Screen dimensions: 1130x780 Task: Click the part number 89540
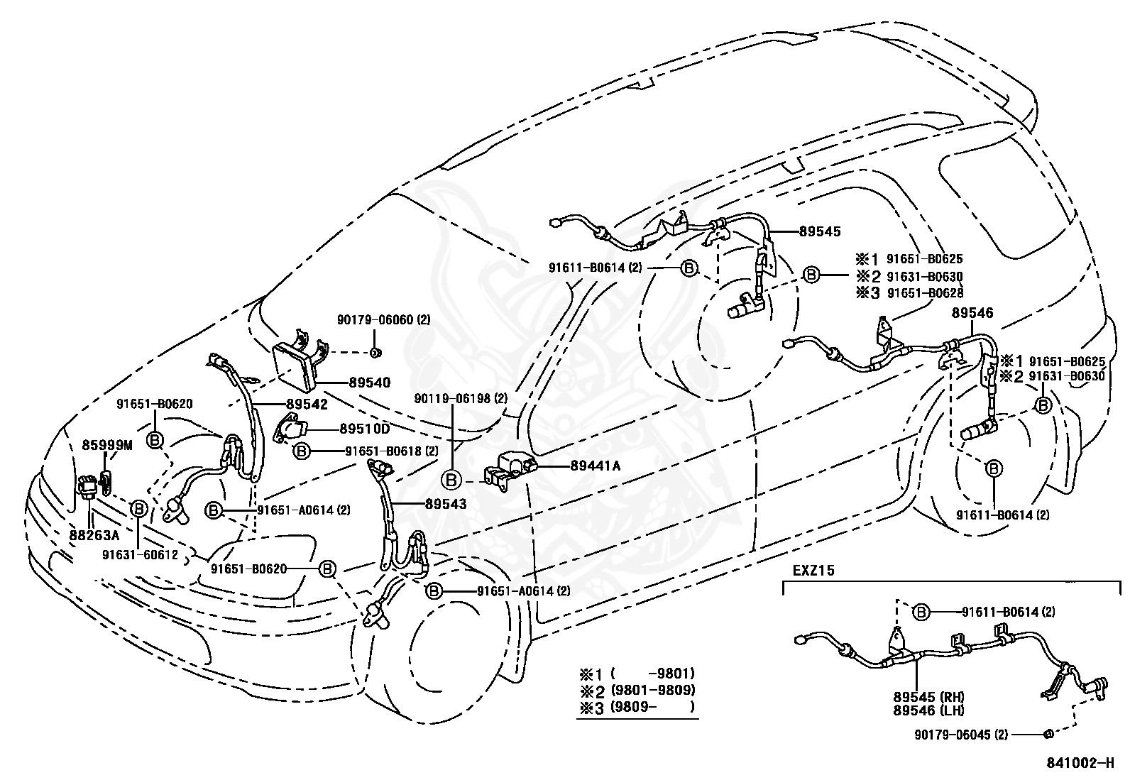[370, 383]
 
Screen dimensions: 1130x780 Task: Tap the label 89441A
[596, 466]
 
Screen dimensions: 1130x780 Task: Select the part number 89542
[307, 404]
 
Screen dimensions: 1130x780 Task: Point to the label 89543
[446, 503]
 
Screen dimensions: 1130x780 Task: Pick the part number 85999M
[107, 445]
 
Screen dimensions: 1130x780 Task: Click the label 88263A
[94, 534]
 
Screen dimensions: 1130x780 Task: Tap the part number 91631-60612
[141, 555]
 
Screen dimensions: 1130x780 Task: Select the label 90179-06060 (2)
[384, 320]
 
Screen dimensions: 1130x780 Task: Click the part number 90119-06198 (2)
[461, 398]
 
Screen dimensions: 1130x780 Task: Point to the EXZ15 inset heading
[813, 570]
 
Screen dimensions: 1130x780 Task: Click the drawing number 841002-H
[1080, 763]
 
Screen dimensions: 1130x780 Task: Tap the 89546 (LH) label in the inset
[928, 710]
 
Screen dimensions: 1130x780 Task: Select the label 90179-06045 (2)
[961, 735]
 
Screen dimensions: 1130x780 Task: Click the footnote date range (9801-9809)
[653, 690]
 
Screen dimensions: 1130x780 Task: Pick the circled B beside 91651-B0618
[302, 451]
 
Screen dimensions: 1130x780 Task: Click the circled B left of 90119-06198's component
[451, 480]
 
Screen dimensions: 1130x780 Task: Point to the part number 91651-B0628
[925, 292]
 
